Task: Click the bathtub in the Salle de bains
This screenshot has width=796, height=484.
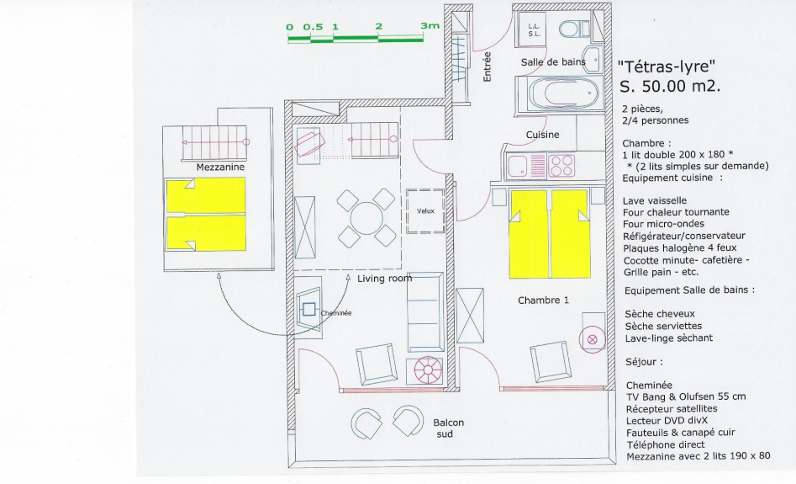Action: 560,93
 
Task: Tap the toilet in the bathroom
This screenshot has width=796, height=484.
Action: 573,29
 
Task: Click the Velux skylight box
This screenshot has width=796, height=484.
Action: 425,211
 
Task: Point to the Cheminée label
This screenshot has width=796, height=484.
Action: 336,313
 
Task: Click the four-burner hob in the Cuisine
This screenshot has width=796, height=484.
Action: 561,165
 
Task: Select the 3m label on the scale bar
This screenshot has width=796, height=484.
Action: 430,26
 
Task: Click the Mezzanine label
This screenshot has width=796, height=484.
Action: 220,167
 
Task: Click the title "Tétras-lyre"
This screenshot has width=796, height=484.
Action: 667,66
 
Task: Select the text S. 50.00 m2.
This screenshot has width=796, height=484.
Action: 670,87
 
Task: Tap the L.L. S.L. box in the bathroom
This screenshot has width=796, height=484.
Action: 534,29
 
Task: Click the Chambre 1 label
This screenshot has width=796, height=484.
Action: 543,301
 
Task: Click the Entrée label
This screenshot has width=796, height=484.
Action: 488,66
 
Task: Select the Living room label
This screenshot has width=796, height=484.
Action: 385,279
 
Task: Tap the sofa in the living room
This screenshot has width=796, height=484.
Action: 425,311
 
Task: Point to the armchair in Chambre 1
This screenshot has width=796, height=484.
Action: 550,361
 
